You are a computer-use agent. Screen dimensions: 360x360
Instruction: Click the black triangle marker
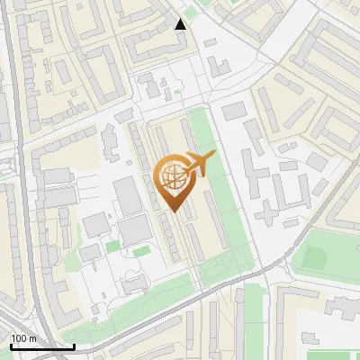tap(181, 24)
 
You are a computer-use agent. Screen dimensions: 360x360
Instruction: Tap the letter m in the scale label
tap(32, 338)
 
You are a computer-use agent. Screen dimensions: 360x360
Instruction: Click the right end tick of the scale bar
tap(74, 345)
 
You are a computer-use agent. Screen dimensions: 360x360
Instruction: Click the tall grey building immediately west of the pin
tap(129, 195)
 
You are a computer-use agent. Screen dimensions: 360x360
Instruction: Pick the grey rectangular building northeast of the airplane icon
tap(233, 111)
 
